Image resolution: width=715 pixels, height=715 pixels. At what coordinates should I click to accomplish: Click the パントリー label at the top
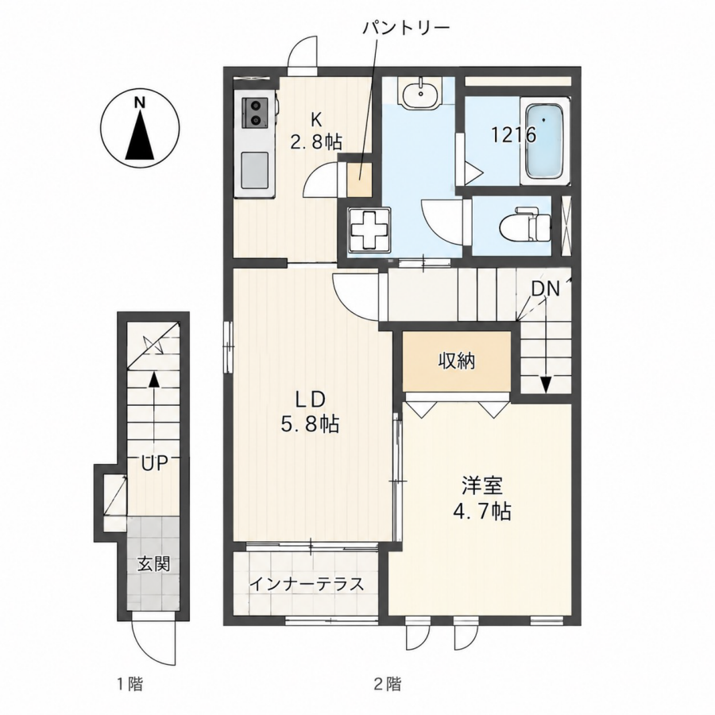pyautogui.click(x=406, y=29)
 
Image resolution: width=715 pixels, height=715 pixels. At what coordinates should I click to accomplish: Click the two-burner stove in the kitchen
pyautogui.click(x=253, y=112)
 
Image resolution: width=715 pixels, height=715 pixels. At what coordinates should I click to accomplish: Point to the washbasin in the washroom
pyautogui.click(x=419, y=94)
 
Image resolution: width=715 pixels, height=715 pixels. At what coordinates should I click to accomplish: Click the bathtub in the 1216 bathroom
pyautogui.click(x=544, y=141)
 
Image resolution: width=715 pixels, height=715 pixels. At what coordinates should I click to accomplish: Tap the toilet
pyautogui.click(x=525, y=224)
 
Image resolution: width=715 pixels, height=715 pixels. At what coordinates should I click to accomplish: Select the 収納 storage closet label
pyautogui.click(x=457, y=361)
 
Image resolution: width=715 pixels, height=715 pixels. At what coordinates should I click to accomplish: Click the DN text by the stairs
pyautogui.click(x=545, y=289)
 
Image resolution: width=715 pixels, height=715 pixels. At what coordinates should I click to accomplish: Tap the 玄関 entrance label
pyautogui.click(x=154, y=564)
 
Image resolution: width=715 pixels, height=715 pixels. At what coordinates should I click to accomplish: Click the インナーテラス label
pyautogui.click(x=307, y=584)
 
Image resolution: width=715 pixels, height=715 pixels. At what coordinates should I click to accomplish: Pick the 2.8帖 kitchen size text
pyautogui.click(x=316, y=142)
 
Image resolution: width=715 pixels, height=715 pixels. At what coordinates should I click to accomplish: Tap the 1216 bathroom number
pyautogui.click(x=513, y=135)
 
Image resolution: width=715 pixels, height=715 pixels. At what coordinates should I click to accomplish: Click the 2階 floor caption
pyautogui.click(x=388, y=683)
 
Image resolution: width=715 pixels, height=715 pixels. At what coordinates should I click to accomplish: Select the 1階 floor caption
pyautogui.click(x=129, y=683)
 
